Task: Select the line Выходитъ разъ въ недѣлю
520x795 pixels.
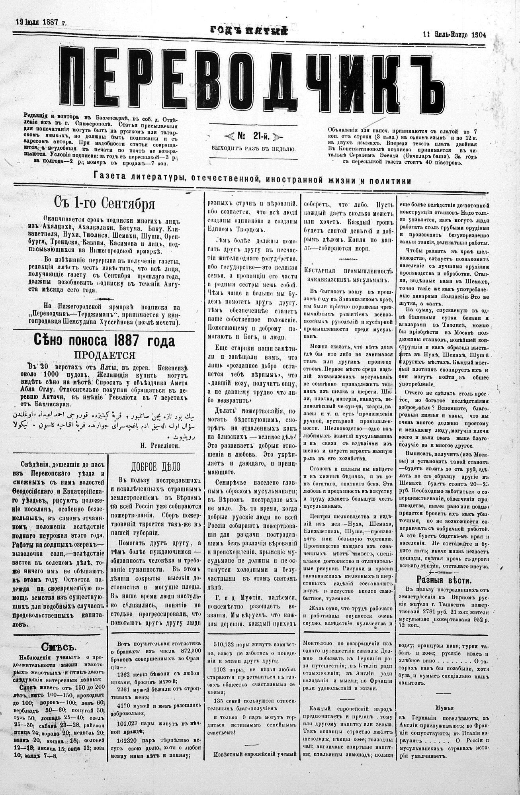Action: [254, 149]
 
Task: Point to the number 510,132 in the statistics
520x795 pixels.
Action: [225, 642]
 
